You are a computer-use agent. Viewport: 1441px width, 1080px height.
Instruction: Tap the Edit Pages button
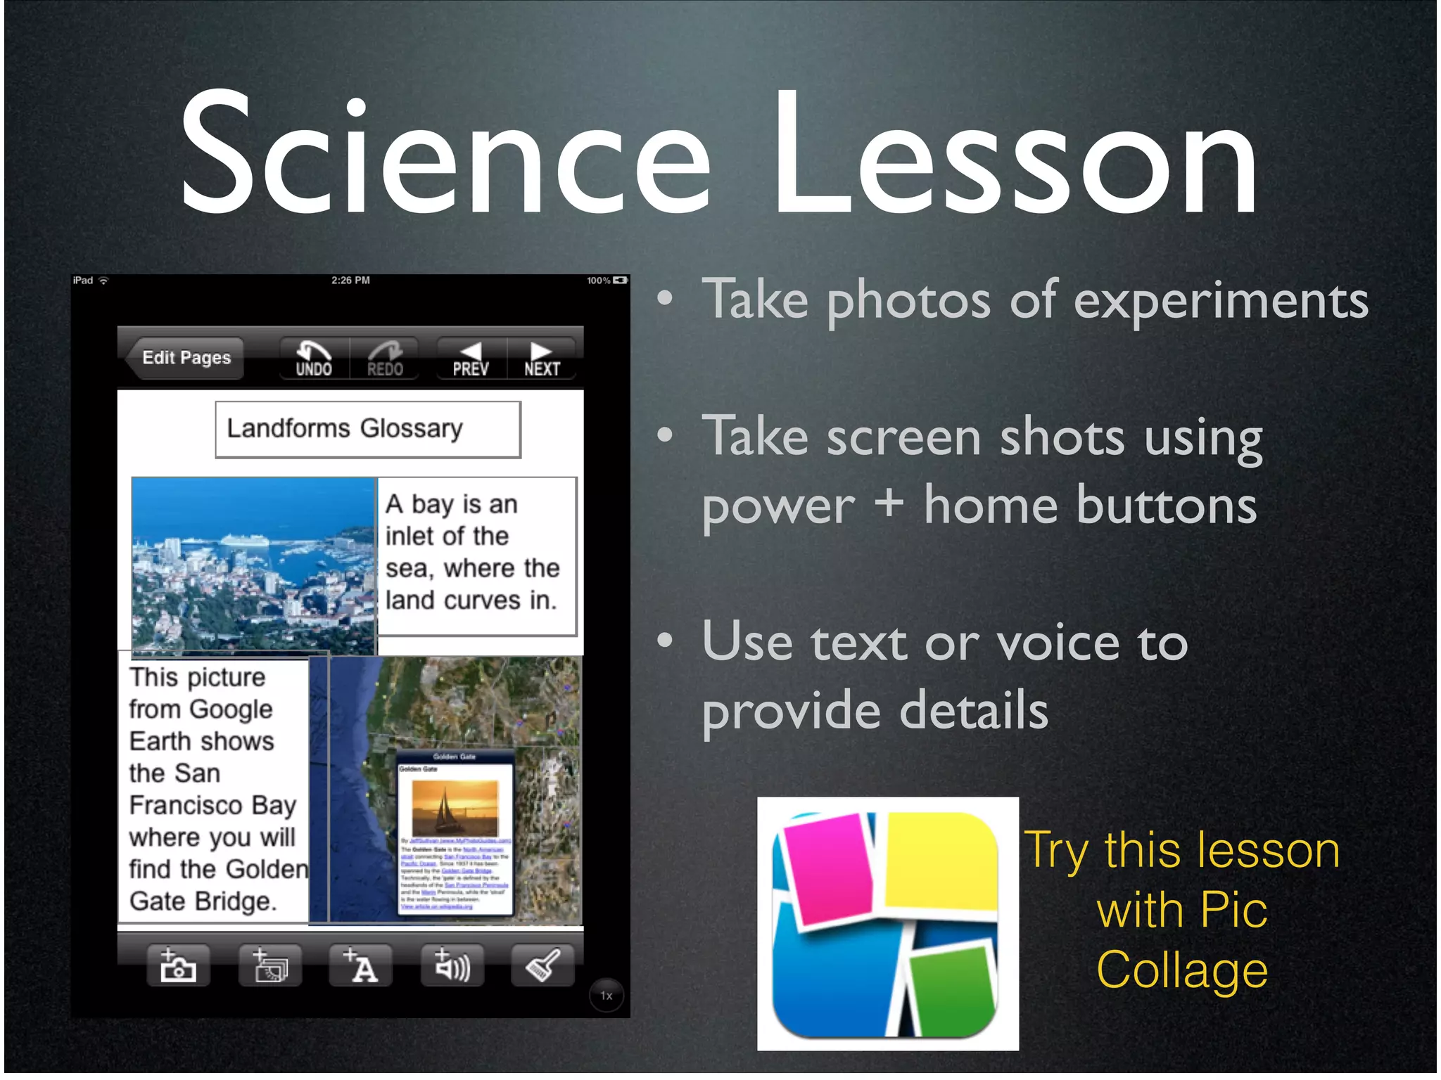[185, 358]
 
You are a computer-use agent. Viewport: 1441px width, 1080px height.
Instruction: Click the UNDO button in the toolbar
[314, 359]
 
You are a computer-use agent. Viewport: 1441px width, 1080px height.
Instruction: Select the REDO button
[384, 359]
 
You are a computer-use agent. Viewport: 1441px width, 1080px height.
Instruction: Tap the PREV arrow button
[470, 359]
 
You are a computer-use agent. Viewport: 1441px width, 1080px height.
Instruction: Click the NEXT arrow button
[542, 359]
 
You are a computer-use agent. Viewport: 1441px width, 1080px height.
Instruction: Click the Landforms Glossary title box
[368, 429]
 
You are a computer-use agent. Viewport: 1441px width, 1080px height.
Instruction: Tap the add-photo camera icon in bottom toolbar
[178, 965]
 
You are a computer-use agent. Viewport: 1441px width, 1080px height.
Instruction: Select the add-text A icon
[361, 965]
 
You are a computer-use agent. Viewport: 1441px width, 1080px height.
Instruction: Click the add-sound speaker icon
[452, 965]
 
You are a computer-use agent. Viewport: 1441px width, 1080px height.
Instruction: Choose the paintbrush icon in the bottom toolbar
[542, 965]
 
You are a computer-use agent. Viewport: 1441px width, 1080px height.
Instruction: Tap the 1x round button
[607, 996]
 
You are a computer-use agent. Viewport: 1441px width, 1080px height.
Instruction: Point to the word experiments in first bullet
[1221, 301]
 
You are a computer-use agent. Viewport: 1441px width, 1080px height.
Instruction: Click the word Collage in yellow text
[1182, 970]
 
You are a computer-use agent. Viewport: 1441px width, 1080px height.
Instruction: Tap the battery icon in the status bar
[620, 281]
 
